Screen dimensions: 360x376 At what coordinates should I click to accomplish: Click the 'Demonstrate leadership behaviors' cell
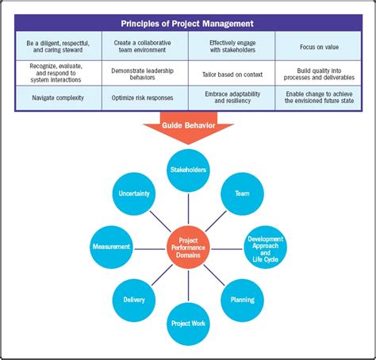pyautogui.click(x=145, y=72)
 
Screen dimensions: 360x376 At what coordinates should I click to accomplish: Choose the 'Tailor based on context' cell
pyautogui.click(x=232, y=72)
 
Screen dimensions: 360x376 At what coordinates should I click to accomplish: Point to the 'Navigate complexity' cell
pyautogui.click(x=58, y=98)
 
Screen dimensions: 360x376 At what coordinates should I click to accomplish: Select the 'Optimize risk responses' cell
pyautogui.click(x=145, y=98)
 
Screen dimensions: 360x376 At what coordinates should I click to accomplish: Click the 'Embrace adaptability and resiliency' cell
pyautogui.click(x=232, y=98)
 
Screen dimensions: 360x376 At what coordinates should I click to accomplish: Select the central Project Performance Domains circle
pyautogui.click(x=188, y=247)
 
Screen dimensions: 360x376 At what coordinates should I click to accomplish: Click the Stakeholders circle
pyautogui.click(x=188, y=169)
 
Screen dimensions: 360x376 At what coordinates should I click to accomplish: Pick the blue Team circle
pyautogui.click(x=243, y=193)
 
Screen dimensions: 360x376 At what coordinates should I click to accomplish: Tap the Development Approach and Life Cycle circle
pyautogui.click(x=265, y=247)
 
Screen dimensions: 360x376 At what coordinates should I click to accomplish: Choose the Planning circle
pyautogui.click(x=243, y=300)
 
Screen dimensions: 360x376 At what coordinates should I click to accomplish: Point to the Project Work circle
pyautogui.click(x=188, y=323)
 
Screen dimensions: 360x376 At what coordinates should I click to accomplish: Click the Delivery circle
pyautogui.click(x=134, y=300)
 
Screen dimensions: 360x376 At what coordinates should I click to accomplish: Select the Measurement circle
pyautogui.click(x=111, y=247)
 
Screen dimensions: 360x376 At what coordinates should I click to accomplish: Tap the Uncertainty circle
pyautogui.click(x=134, y=193)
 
